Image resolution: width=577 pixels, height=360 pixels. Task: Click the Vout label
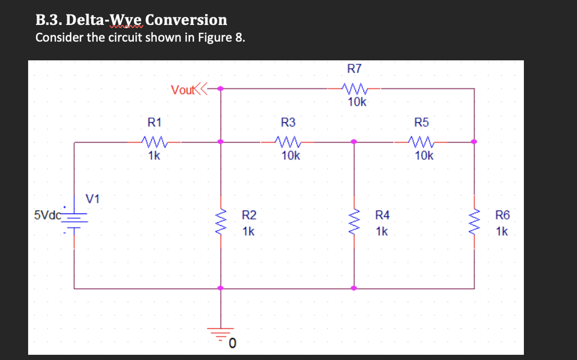click(182, 89)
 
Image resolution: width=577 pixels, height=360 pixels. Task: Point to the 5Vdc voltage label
click(47, 214)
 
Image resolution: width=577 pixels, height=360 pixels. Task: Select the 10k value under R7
click(357, 102)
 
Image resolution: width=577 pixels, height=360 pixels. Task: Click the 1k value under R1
click(154, 156)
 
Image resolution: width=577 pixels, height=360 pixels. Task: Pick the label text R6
click(503, 214)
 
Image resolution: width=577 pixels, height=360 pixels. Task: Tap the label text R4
click(382, 214)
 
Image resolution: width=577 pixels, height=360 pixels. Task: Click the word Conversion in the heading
click(186, 20)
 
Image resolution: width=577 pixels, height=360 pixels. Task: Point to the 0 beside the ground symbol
click(233, 342)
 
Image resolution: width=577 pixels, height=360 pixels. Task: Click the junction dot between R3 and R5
click(354, 142)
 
